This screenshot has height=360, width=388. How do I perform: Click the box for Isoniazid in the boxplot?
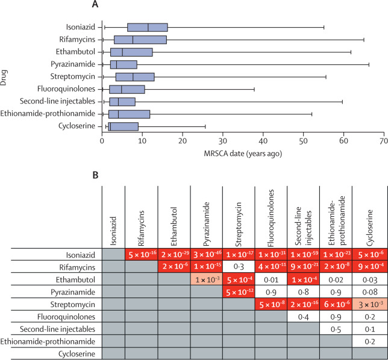pyautogui.click(x=147, y=27)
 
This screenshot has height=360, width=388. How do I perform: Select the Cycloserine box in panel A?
pyautogui.click(x=123, y=126)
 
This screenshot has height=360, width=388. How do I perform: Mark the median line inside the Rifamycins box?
pyautogui.click(x=133, y=40)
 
